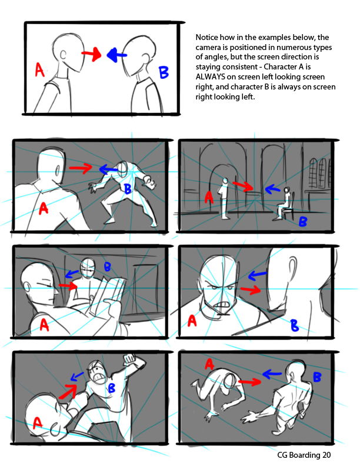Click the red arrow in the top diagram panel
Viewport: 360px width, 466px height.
pyautogui.click(x=92, y=54)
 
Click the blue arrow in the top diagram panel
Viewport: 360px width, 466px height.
pyautogui.click(x=116, y=55)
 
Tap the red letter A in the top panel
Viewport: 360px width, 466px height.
pyautogui.click(x=39, y=69)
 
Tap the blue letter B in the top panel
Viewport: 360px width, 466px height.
pyautogui.click(x=164, y=72)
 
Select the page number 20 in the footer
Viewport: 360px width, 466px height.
pyautogui.click(x=326, y=455)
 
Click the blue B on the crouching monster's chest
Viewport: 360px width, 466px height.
pyautogui.click(x=128, y=188)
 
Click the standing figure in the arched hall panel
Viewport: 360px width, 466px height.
pyautogui.click(x=224, y=198)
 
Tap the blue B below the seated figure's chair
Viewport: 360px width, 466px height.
pyautogui.click(x=303, y=221)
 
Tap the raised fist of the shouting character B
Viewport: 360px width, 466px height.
pyautogui.click(x=130, y=360)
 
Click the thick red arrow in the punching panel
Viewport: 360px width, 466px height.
pyautogui.click(x=68, y=391)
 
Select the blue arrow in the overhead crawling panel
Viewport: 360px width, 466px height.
pyautogui.click(x=272, y=374)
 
